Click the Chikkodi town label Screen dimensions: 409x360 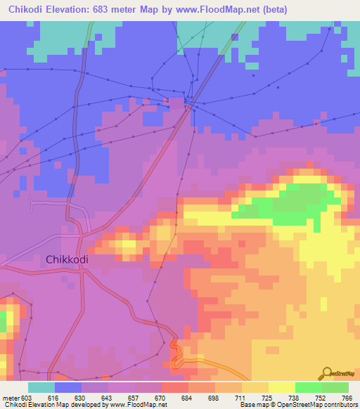click(67, 259)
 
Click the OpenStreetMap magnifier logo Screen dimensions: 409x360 click(326, 372)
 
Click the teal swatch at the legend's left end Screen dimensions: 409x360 click(41, 387)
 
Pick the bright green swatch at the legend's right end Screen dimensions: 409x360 click(335, 387)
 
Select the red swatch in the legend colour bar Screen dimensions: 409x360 click(174, 387)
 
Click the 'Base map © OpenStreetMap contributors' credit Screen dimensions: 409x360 click(297, 405)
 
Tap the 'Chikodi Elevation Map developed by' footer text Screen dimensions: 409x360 click(49, 405)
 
